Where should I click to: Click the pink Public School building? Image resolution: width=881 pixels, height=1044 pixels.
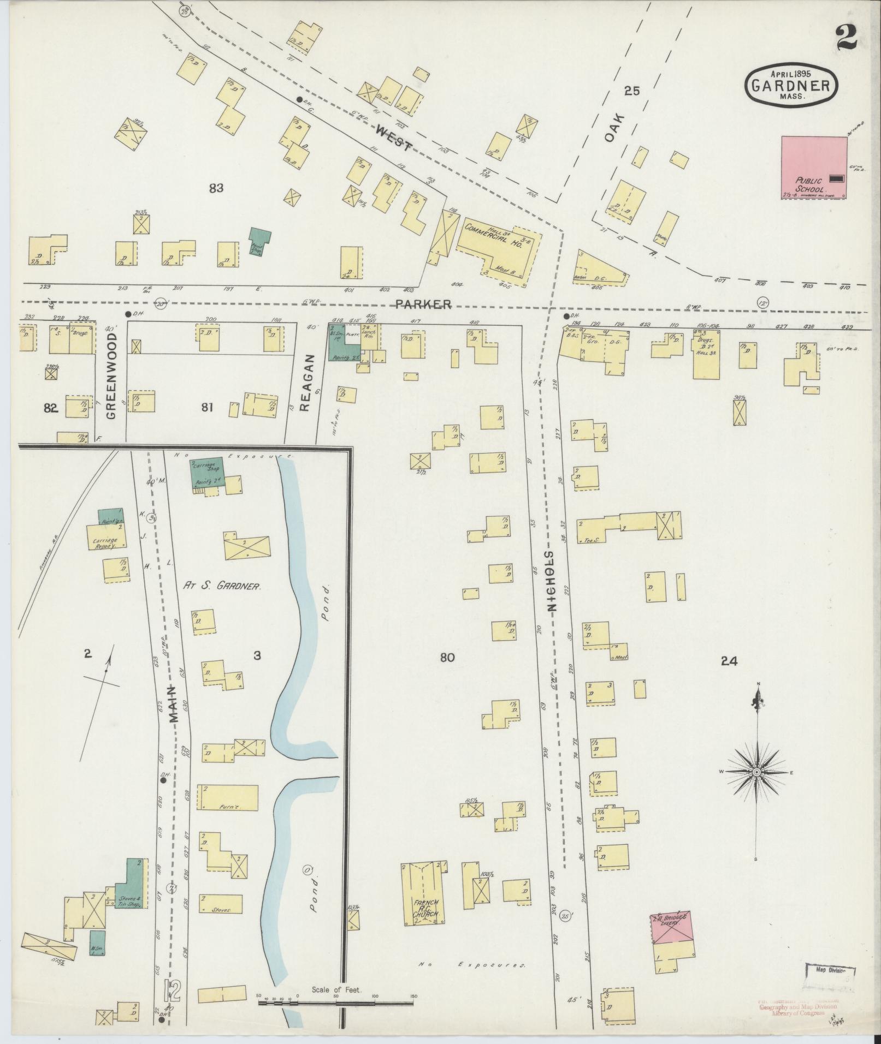click(x=814, y=168)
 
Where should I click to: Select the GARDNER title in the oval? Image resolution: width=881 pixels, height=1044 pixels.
click(x=791, y=85)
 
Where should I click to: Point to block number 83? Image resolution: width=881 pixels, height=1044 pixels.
click(x=216, y=189)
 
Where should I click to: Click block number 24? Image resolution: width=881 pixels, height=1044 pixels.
click(x=729, y=661)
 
